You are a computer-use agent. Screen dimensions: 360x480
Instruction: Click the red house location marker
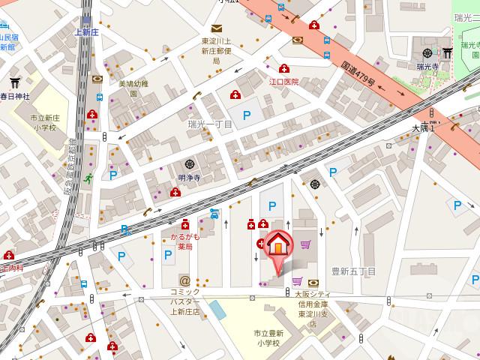[x=277, y=245]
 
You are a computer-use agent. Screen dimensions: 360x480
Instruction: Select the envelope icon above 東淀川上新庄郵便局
[x=215, y=28]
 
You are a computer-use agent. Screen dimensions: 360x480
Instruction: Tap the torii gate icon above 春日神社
[x=14, y=83]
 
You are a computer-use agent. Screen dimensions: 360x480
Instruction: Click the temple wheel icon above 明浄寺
[x=190, y=164]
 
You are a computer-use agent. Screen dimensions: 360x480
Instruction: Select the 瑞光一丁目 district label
[x=210, y=124]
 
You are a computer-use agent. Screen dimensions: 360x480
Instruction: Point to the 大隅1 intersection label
[x=428, y=127]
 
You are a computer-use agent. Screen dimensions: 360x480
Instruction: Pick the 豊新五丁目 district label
[x=353, y=271]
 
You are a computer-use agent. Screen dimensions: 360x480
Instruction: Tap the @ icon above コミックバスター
[x=184, y=280]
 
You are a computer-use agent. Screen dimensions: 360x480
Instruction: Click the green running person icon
[x=88, y=178]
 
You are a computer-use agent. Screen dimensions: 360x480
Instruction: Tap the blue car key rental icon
[x=214, y=213]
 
